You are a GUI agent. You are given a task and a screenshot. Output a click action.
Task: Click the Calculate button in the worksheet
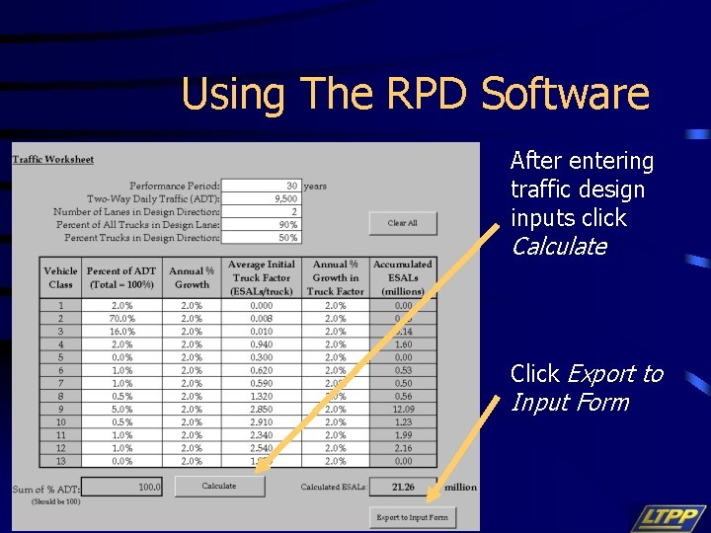[x=219, y=486]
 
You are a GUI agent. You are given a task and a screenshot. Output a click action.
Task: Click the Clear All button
[x=402, y=223]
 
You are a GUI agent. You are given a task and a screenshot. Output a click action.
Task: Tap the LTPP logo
[x=669, y=518]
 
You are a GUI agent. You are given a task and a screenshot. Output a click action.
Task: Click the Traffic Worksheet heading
[x=53, y=160]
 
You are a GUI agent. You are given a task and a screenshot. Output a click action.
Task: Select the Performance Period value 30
[x=291, y=186]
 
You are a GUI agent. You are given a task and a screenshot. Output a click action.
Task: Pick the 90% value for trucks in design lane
[x=288, y=224]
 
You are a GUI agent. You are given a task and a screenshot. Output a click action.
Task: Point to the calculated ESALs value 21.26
[x=403, y=487]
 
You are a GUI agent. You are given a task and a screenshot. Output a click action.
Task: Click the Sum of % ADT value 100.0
[x=149, y=487]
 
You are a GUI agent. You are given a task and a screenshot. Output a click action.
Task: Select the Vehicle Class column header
[x=60, y=277]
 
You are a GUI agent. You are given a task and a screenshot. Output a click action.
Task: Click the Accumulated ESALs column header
[x=402, y=277]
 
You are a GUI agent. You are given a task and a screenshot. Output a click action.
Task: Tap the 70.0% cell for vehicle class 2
[x=122, y=319]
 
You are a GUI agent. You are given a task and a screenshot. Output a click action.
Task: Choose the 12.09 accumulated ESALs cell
[x=403, y=409]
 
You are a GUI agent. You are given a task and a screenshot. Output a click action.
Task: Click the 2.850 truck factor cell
[x=261, y=409]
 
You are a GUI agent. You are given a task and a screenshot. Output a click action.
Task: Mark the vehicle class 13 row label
[x=60, y=460]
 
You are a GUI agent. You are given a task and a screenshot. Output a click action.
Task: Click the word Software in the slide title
[x=565, y=95]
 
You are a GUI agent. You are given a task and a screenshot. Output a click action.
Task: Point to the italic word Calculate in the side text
[x=558, y=247]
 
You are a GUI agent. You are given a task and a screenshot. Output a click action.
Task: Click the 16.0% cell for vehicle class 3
[x=122, y=332]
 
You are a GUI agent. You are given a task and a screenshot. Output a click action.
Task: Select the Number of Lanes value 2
[x=293, y=211]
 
